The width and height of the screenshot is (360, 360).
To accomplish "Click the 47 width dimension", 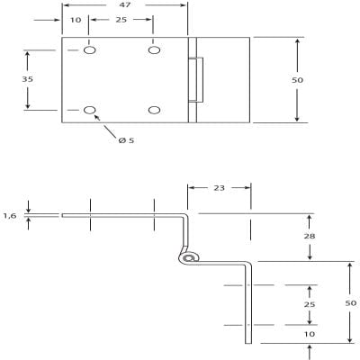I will (126, 5).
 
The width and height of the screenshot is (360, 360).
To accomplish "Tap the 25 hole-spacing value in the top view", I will (121, 20).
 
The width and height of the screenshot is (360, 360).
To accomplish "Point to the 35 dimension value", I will (29, 80).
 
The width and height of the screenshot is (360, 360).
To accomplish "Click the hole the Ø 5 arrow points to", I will (89, 111).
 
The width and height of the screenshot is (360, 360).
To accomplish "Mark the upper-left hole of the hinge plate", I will (89, 50).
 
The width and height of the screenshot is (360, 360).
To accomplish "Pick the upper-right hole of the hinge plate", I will (154, 50).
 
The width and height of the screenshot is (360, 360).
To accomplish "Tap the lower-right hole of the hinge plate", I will (154, 111).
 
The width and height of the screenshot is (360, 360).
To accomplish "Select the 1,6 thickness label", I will (10, 215).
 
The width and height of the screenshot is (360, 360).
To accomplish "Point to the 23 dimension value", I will (218, 188).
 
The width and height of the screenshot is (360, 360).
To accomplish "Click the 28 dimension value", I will (310, 237).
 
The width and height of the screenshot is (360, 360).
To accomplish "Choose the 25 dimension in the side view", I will (310, 304).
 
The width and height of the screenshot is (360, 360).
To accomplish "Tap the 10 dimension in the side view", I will (310, 334).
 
